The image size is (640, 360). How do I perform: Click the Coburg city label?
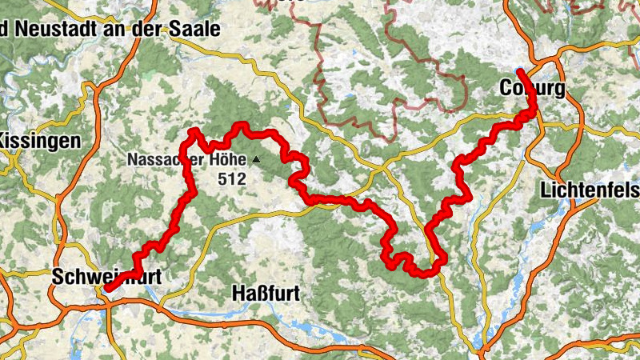pyautogui.click(x=531, y=88)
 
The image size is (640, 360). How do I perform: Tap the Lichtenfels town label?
pyautogui.click(x=590, y=191)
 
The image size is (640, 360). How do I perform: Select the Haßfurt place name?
pyautogui.click(x=265, y=294)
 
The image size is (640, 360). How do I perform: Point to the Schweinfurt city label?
pyautogui.click(x=106, y=277)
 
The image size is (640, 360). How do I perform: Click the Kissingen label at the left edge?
pyautogui.click(x=40, y=142)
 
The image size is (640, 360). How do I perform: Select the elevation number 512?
pyautogui.click(x=231, y=180)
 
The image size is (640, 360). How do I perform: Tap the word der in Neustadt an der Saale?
pyautogui.click(x=148, y=29)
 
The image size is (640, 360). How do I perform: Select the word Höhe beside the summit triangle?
pyautogui.click(x=228, y=160)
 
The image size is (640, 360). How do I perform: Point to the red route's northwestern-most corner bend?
pyautogui.click(x=193, y=130)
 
